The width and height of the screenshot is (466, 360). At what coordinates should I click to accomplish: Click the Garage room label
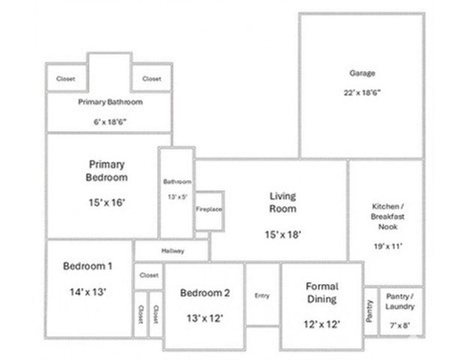[362, 73]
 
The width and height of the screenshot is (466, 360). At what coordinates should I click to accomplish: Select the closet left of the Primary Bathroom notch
[66, 79]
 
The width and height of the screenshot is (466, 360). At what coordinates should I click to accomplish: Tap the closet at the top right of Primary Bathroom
[152, 79]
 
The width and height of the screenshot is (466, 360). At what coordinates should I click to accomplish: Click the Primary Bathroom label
[110, 102]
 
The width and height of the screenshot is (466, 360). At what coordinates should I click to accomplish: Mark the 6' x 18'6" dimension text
[110, 121]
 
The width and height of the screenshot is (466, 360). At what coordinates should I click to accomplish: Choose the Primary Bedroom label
[107, 170]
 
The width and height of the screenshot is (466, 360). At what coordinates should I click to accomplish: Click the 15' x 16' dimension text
[107, 202]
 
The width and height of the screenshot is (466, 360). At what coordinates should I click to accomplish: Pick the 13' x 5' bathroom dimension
[177, 196]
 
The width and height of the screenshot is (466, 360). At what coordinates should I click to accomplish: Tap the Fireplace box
[209, 209]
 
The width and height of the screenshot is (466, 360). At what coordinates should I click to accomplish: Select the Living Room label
[283, 202]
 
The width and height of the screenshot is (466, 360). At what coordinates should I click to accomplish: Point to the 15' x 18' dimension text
[283, 234]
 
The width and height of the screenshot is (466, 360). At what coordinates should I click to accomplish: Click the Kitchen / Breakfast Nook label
[389, 216]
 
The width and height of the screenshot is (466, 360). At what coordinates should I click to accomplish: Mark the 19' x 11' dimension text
[389, 245]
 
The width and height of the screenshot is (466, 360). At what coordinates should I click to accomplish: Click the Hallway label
[172, 250]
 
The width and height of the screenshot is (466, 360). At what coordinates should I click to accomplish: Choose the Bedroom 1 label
[87, 266]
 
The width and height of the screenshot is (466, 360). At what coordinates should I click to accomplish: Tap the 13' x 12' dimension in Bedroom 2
[204, 318]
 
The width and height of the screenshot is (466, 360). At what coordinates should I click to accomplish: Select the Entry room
[262, 295]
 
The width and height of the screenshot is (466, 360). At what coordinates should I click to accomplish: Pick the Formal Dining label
[322, 292]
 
